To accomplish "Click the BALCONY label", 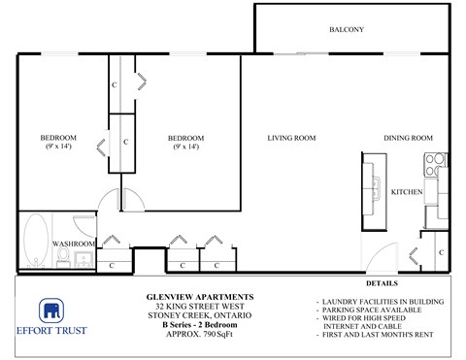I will click(347, 30).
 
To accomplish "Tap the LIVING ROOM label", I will click(291, 138).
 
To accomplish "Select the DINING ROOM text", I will click(407, 138).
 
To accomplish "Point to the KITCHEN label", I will click(406, 193).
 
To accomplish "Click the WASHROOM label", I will click(73, 243).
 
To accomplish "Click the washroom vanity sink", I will click(83, 258).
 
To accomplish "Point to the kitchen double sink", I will click(374, 180).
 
